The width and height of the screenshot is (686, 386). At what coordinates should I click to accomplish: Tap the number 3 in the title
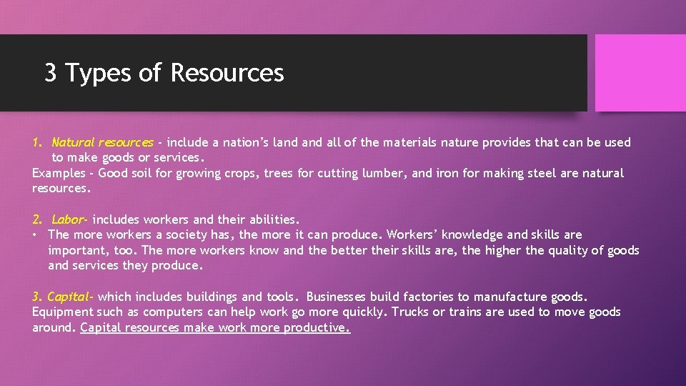click(x=51, y=73)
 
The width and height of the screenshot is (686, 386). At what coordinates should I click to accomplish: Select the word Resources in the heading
click(x=227, y=73)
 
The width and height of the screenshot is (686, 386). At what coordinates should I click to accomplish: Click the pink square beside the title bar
click(x=640, y=73)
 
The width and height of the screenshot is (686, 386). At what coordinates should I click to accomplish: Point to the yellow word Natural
click(x=73, y=142)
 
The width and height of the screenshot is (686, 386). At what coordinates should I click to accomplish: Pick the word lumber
click(x=385, y=173)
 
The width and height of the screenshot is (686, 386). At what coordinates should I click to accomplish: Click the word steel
click(x=527, y=173)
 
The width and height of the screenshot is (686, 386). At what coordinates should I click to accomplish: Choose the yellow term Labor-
click(x=70, y=219)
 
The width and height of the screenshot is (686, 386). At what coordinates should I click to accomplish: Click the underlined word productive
click(x=317, y=328)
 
